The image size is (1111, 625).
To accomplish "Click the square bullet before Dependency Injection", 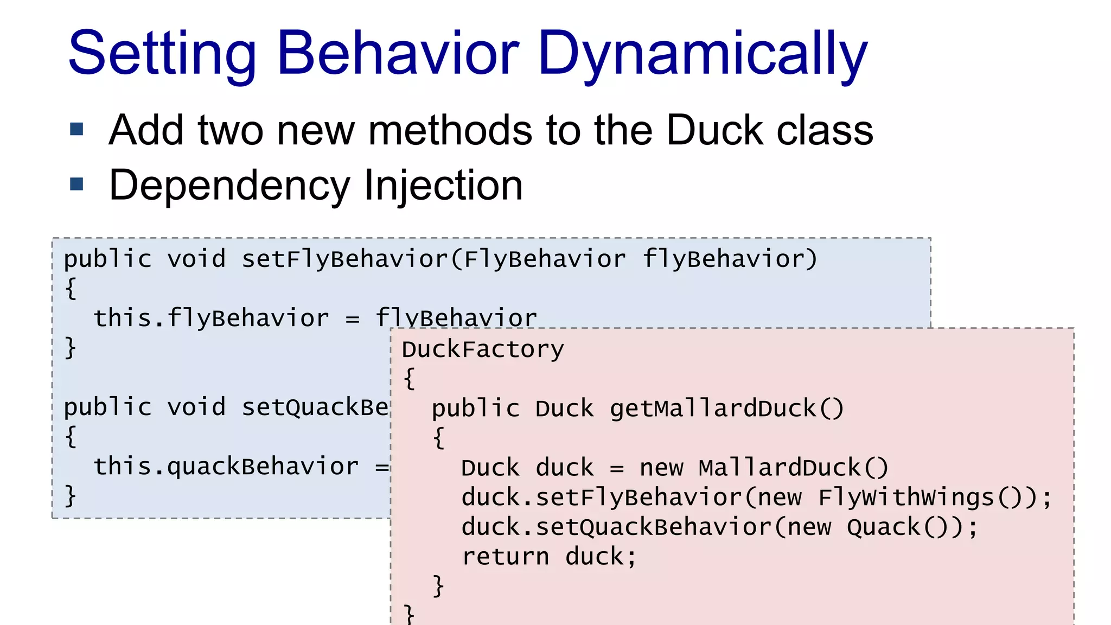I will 77,184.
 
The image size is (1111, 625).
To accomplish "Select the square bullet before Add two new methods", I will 77,129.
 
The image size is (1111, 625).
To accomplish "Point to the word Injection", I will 443,186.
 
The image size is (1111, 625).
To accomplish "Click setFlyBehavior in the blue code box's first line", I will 344,259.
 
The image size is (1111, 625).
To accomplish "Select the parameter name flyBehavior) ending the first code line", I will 729,259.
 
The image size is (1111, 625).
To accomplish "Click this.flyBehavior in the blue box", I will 211,318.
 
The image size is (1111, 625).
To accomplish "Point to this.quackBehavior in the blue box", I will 226,466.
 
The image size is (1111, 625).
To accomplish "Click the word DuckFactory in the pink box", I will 483,349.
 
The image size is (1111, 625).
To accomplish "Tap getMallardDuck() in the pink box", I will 727,409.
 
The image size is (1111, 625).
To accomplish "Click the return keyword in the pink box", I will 505,557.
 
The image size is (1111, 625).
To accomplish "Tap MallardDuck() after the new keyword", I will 793,468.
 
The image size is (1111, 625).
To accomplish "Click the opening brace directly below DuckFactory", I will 410,378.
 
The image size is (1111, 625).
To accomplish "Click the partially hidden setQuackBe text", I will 315,407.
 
